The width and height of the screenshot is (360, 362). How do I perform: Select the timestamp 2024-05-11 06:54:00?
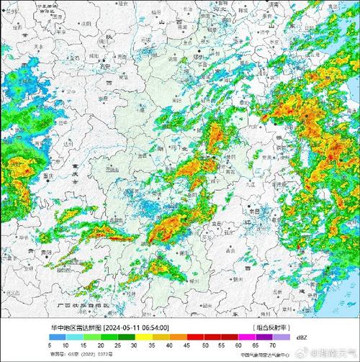click(x=136, y=327)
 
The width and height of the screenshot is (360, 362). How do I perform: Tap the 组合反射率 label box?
click(x=271, y=327)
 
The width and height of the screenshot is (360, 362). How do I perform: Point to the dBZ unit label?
click(x=301, y=337)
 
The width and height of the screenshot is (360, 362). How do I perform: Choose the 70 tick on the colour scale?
click(x=274, y=345)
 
